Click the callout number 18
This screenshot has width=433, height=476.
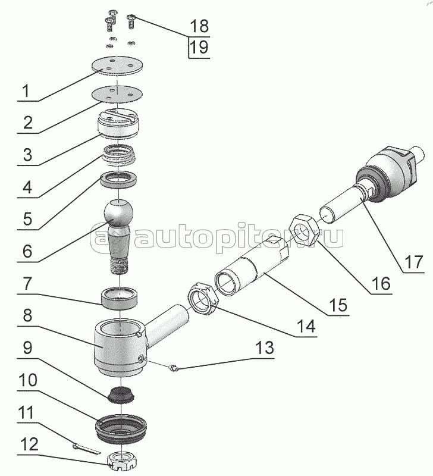pyautogui.click(x=199, y=26)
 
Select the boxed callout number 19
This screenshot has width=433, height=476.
pyautogui.click(x=199, y=48)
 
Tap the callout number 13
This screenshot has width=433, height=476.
pyautogui.click(x=265, y=348)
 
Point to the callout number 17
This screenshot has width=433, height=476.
pyautogui.click(x=413, y=262)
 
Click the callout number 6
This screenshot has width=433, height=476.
pyautogui.click(x=27, y=251)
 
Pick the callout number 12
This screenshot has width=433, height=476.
pyautogui.click(x=29, y=444)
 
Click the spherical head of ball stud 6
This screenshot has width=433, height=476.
pyautogui.click(x=118, y=212)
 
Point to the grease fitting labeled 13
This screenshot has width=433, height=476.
pyautogui.click(x=173, y=369)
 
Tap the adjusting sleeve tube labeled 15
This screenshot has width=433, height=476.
pyautogui.click(x=252, y=266)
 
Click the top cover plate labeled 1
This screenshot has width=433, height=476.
pyautogui.click(x=117, y=65)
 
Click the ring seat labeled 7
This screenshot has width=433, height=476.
pyautogui.click(x=120, y=299)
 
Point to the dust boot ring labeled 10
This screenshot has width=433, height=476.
pyautogui.click(x=121, y=427)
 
